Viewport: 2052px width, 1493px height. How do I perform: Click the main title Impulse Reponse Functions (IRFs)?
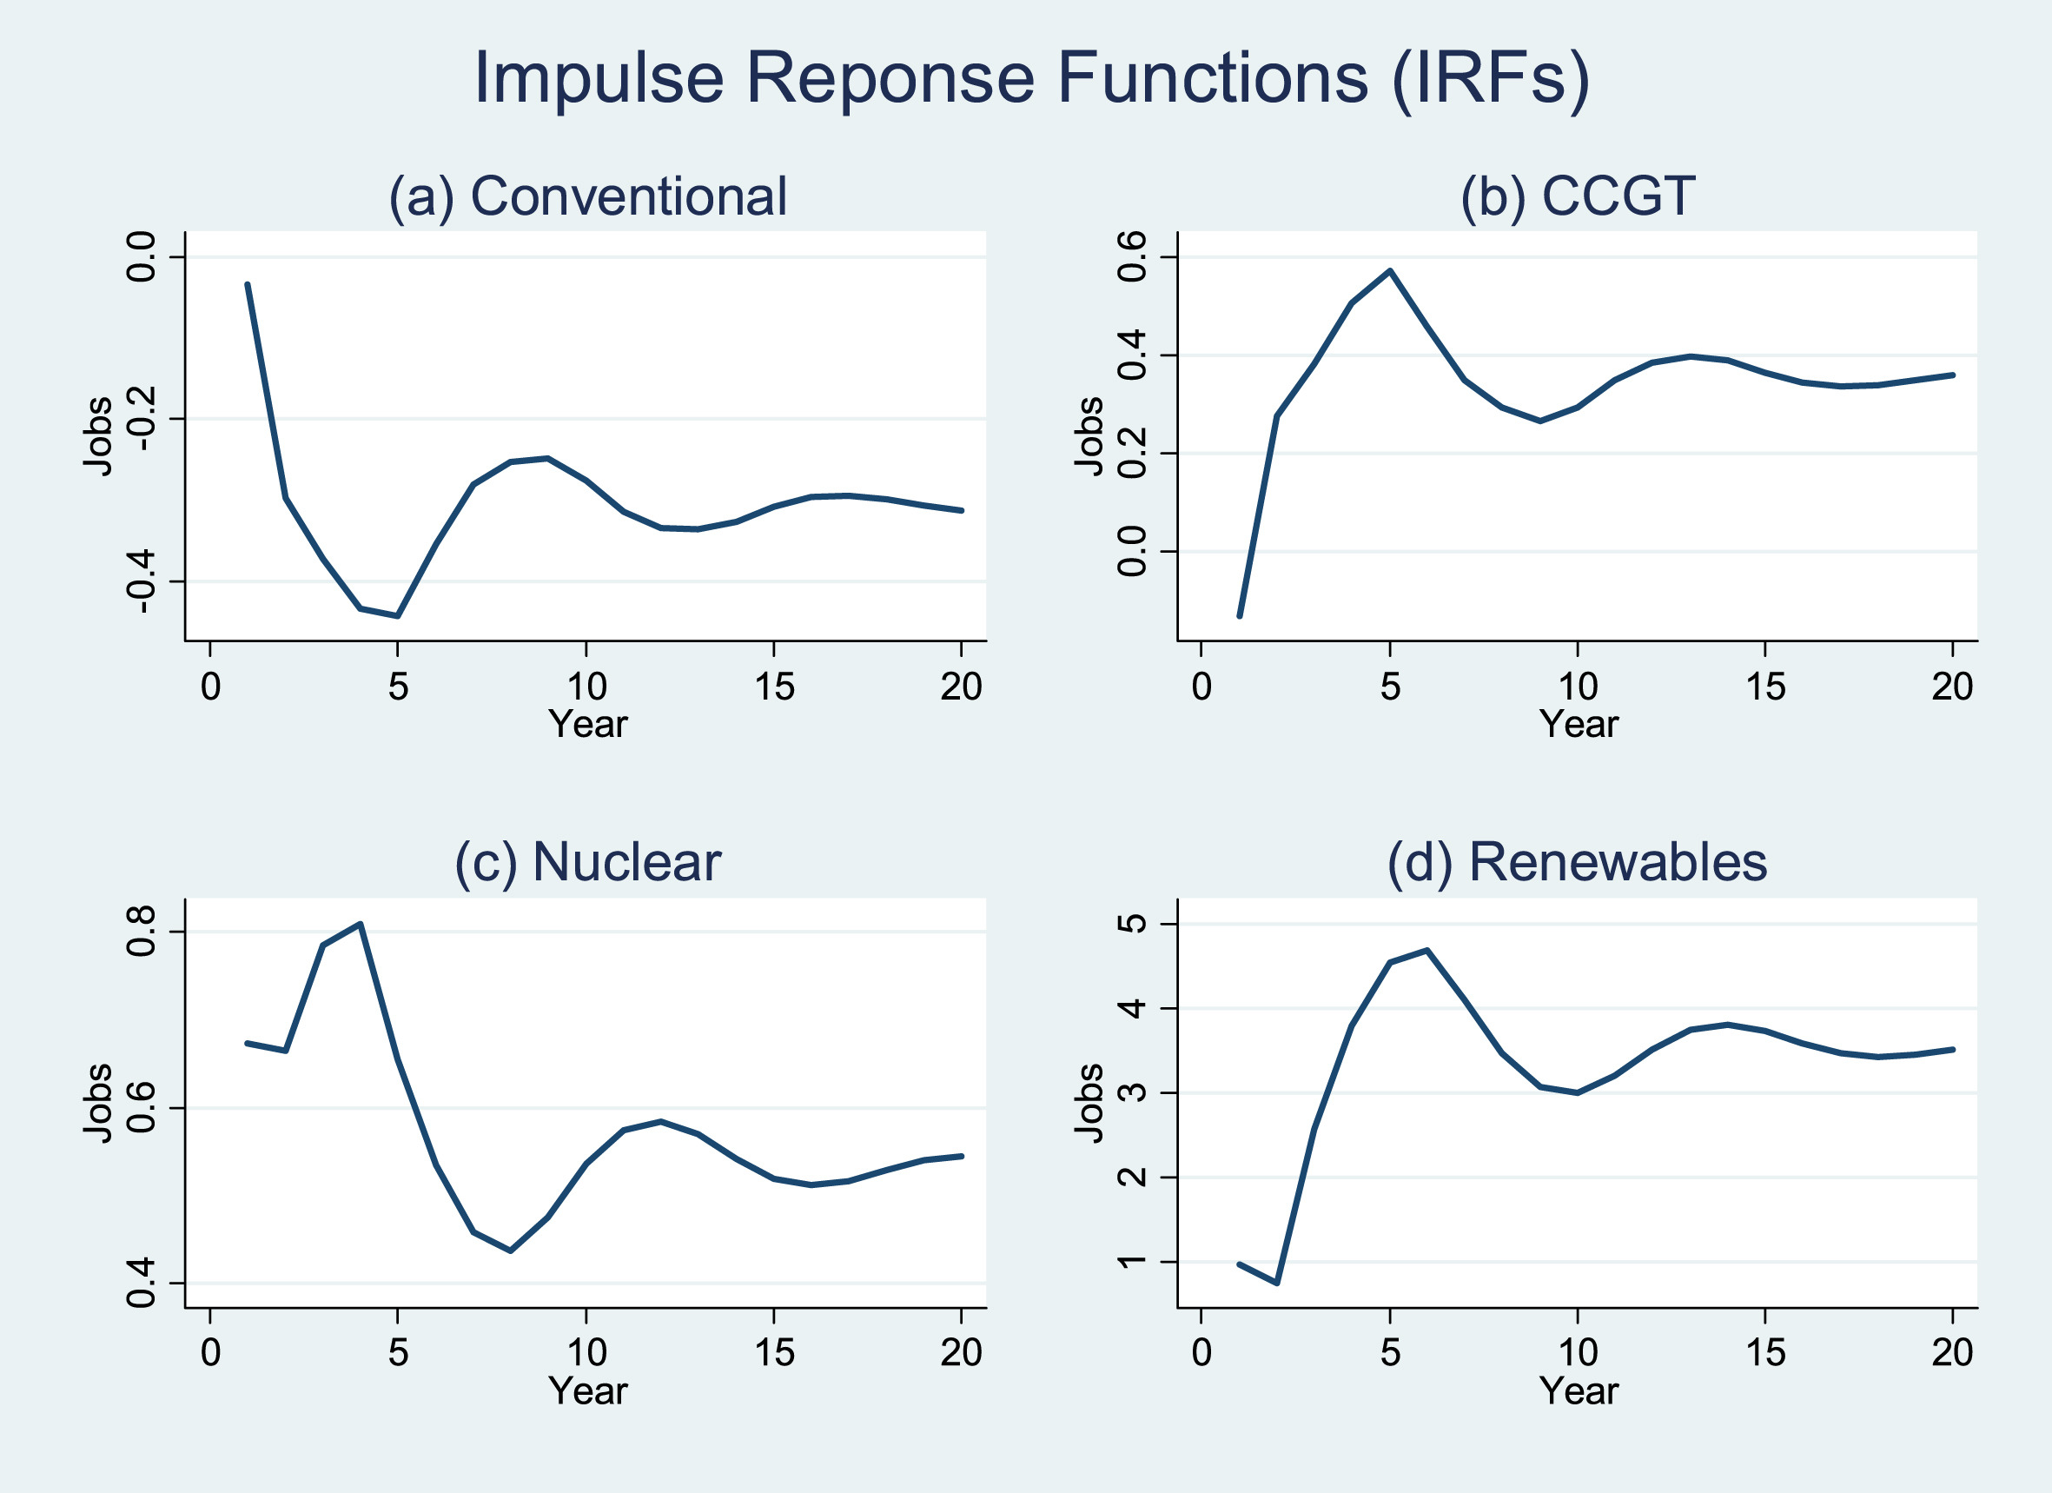[1031, 79]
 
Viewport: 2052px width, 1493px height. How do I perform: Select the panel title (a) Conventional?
[587, 196]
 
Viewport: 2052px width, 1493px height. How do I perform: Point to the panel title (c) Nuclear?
[587, 862]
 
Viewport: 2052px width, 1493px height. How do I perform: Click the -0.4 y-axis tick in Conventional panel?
[141, 581]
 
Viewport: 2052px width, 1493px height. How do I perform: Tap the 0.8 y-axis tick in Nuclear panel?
[141, 931]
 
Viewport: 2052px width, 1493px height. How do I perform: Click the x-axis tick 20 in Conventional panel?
[961, 687]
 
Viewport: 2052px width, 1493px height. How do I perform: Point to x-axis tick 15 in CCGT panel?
[1764, 687]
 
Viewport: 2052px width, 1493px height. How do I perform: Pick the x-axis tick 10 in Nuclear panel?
[586, 1353]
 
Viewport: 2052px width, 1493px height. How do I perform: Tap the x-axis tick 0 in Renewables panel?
[1201, 1353]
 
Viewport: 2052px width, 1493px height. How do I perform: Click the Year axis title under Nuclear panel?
[587, 1390]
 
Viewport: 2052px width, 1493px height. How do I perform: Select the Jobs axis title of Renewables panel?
[1089, 1103]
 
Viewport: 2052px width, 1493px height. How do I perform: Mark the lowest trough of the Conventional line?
[397, 616]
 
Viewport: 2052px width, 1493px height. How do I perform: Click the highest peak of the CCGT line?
[1390, 270]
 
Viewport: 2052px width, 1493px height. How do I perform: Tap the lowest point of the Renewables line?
[1276, 1283]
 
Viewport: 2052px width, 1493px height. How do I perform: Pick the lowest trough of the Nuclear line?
[511, 1251]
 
